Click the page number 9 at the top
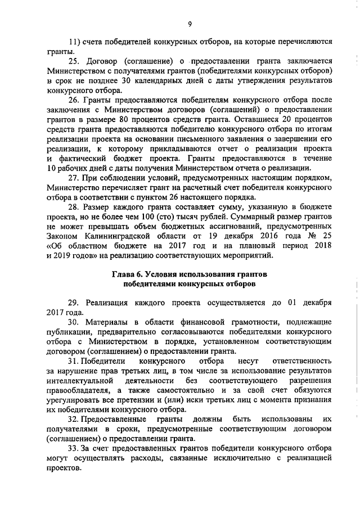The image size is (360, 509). tap(190, 23)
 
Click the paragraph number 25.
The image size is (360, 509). tap(74, 61)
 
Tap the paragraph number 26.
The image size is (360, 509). tap(74, 100)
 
